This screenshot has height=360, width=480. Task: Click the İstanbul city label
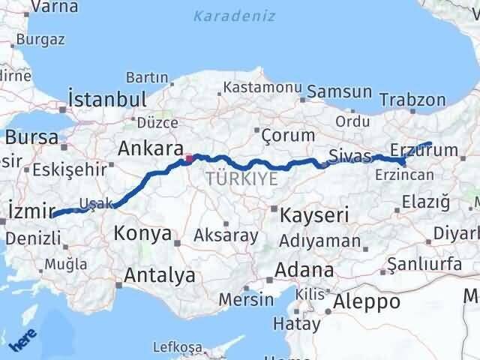click(106, 100)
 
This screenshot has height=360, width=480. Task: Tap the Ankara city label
click(150, 148)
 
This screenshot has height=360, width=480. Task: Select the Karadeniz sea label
click(234, 16)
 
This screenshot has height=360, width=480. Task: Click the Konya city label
click(142, 234)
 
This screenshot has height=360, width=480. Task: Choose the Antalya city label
click(159, 274)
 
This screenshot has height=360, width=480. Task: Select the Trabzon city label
click(412, 100)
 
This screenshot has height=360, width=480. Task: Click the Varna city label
click(53, 8)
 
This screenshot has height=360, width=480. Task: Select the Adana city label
click(304, 269)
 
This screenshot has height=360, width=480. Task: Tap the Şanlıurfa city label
click(419, 265)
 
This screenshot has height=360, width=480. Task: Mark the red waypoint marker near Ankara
click(189, 158)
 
